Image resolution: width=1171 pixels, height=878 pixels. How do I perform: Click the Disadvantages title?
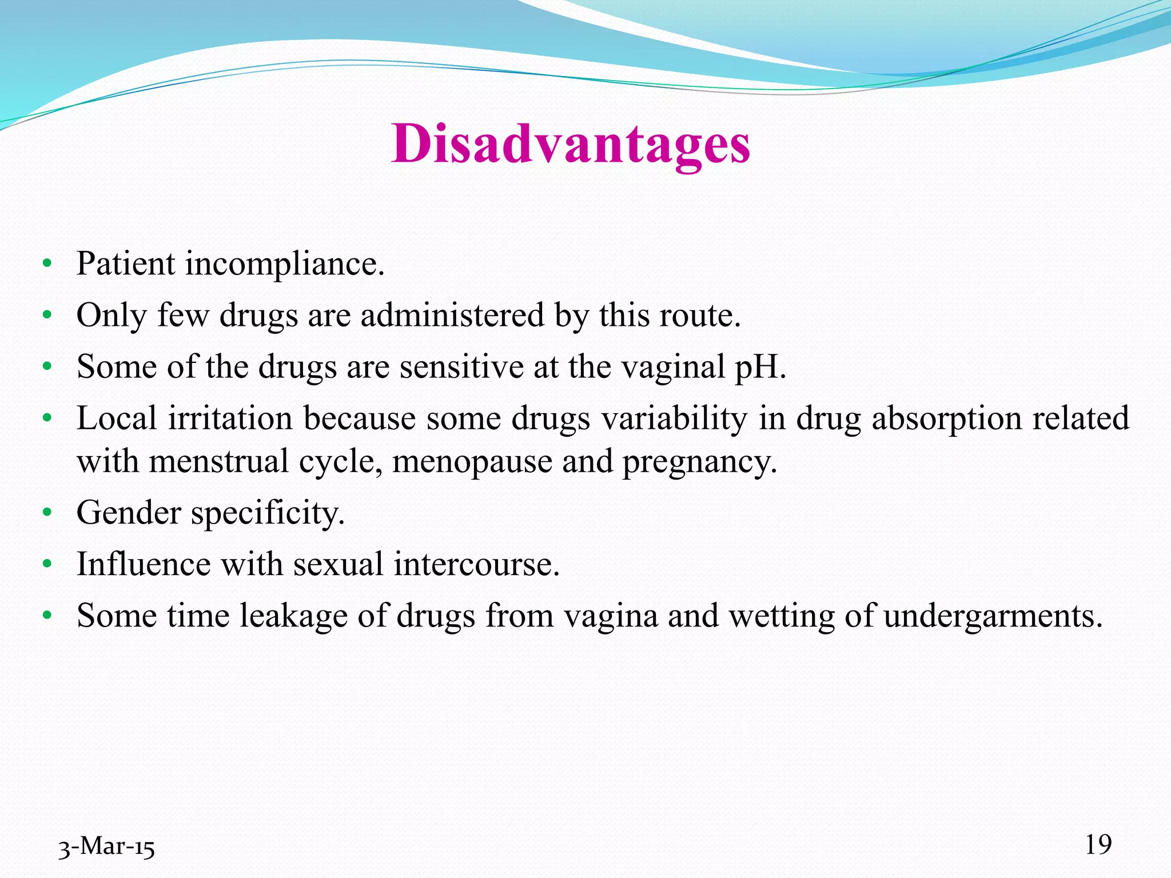(571, 144)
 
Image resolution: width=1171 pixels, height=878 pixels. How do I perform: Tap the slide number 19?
(1098, 844)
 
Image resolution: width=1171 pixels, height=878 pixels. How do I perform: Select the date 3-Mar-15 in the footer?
(106, 847)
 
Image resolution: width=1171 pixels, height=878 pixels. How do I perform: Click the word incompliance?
(284, 264)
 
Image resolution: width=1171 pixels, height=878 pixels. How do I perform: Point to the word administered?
(452, 316)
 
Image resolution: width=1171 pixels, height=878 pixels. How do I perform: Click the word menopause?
(472, 462)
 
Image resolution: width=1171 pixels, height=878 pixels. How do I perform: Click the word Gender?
(129, 513)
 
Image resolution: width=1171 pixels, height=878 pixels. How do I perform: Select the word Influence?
(144, 564)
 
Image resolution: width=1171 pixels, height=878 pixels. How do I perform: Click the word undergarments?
(993, 617)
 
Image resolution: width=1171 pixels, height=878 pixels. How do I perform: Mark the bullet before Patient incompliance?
(47, 264)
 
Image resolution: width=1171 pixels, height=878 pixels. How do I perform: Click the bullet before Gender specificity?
(47, 513)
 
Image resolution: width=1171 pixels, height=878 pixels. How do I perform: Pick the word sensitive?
(461, 367)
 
